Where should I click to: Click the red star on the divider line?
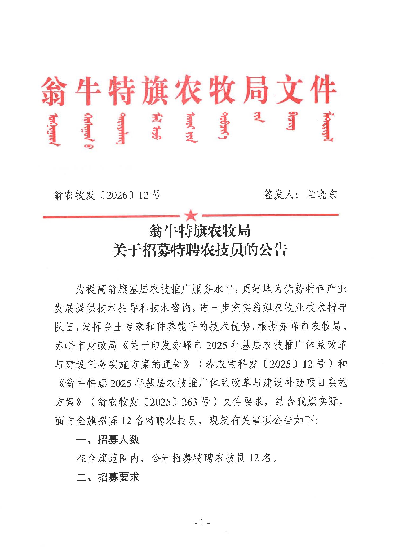[x=191, y=215]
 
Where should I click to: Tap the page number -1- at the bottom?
[x=202, y=523]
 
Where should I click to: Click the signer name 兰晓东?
[x=321, y=194]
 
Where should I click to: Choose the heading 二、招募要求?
[x=108, y=477]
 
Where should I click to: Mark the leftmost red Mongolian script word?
[x=54, y=130]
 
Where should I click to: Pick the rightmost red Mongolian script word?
[x=328, y=127]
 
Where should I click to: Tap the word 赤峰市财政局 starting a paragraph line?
[x=85, y=345]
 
